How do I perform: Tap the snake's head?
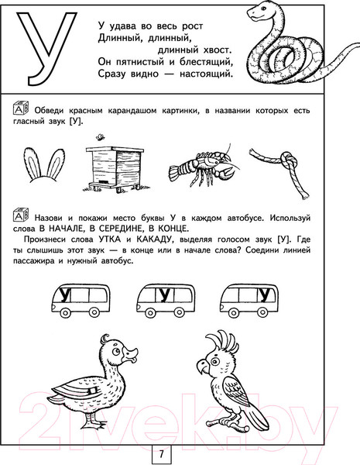click(x=257, y=12)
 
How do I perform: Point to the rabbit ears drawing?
click(x=44, y=164)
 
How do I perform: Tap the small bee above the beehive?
click(x=100, y=136)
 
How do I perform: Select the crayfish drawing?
click(x=204, y=166)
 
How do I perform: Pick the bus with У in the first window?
click(x=81, y=301)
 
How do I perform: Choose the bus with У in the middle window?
click(x=166, y=301)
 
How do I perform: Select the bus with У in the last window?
click(x=249, y=301)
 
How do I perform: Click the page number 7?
click(x=161, y=454)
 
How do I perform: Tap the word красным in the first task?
click(x=86, y=111)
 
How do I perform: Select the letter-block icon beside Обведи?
click(x=21, y=108)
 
